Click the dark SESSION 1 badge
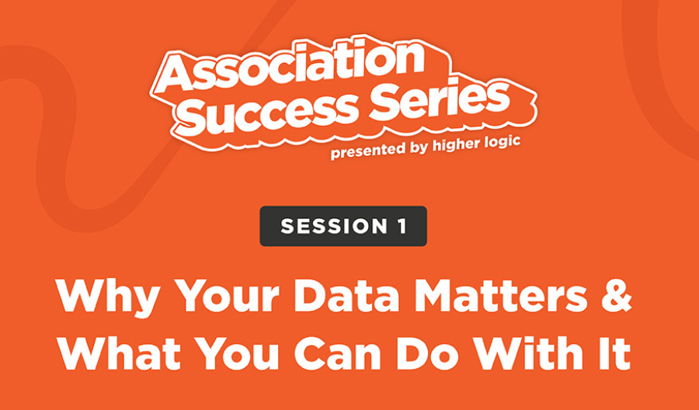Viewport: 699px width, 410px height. point(343,226)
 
